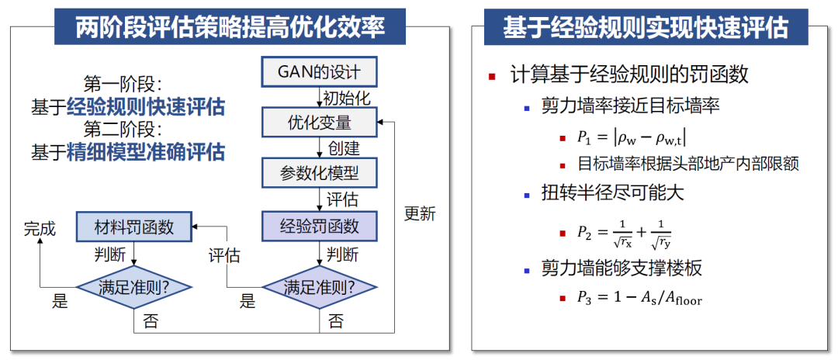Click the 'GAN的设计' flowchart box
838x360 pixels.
click(319, 73)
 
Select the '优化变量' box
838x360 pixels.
click(319, 123)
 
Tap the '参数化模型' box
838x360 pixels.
click(319, 172)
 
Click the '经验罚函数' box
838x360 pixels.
click(319, 226)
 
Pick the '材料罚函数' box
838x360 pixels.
click(135, 226)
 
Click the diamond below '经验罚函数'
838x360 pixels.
click(319, 286)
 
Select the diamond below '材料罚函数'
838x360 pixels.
click(135, 286)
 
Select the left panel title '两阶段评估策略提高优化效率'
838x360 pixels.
click(230, 28)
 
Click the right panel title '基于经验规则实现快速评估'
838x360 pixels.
click(645, 28)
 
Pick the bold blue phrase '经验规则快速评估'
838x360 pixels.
click(146, 106)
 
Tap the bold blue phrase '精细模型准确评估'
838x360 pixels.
click(146, 151)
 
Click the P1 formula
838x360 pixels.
click(631, 138)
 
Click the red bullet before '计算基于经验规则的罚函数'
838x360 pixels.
click(492, 76)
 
